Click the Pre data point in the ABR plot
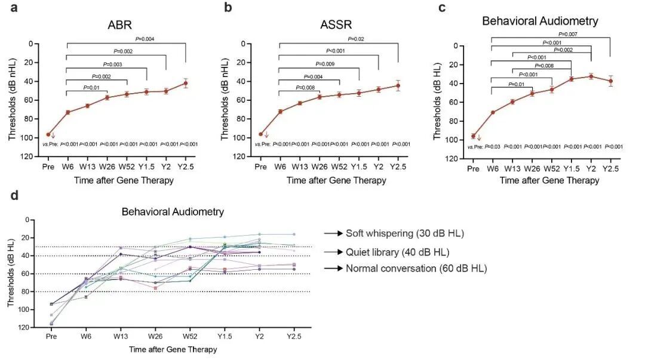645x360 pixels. point(48,135)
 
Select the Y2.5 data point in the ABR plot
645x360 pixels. point(186,83)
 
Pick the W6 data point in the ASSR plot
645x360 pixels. point(280,112)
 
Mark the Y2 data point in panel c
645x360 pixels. point(591,76)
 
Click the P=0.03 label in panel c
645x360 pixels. point(493,146)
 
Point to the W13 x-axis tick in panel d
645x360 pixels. point(121,336)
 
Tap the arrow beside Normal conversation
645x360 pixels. point(332,269)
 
